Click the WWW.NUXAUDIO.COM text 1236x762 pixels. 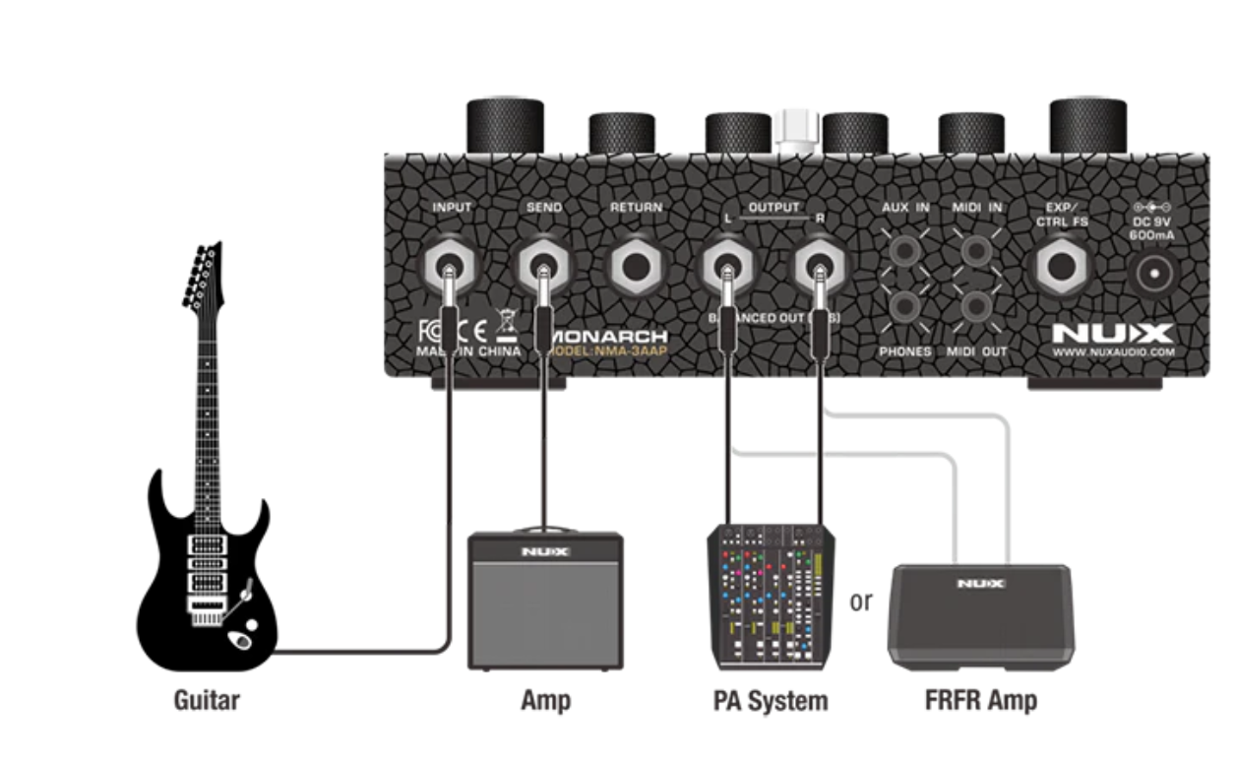tap(1113, 351)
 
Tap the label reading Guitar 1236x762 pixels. tap(207, 701)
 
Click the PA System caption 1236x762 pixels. tap(771, 701)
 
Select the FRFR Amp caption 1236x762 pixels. tap(980, 701)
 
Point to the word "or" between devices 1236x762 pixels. tap(861, 602)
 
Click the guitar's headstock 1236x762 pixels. tap(202, 276)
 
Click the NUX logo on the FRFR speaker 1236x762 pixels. tap(980, 584)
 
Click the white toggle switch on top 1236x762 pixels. tap(796, 128)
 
